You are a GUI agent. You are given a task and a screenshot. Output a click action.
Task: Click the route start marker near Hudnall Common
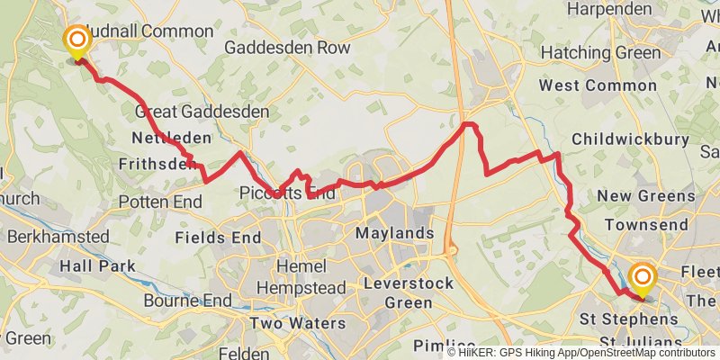[x=77, y=40]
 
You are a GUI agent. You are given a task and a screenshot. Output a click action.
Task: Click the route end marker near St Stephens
[x=643, y=278]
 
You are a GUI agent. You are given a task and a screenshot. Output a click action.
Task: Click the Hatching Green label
[x=614, y=53]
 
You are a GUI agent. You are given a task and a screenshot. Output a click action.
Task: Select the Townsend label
[x=640, y=223]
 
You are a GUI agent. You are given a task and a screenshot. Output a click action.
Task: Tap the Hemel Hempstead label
[x=290, y=278]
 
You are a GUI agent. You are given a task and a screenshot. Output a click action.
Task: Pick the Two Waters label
[x=297, y=323]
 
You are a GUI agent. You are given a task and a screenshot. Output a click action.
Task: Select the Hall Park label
[x=97, y=266]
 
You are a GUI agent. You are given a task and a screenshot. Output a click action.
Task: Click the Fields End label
[x=218, y=238]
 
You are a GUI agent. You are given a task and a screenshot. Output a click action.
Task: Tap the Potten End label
[x=160, y=202]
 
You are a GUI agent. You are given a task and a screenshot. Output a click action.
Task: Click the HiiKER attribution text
[x=580, y=352]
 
